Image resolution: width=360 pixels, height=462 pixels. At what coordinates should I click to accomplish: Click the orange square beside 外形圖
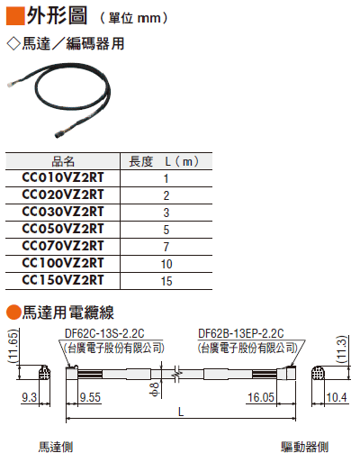pos(15,16)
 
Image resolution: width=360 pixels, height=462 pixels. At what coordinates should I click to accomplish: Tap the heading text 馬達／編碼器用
pos(73,44)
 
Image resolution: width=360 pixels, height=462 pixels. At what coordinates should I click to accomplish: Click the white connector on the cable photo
pos(11,84)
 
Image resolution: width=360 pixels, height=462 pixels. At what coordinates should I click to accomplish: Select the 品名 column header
pos(63,161)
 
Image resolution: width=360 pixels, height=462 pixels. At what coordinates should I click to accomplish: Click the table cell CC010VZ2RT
pos(63,177)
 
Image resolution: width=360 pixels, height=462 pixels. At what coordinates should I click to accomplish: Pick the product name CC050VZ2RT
pos(63,229)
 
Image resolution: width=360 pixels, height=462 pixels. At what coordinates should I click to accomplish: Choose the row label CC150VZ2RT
pos(63,280)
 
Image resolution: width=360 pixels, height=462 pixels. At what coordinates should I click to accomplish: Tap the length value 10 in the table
pos(166,264)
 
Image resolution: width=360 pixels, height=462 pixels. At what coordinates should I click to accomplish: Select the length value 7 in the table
pos(166,247)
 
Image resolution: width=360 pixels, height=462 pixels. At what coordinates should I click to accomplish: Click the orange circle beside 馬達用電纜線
pos(13,313)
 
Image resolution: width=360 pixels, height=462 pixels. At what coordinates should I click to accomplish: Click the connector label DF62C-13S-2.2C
pos(104,333)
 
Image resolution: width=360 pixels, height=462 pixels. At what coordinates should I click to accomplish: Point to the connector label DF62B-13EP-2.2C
pos(241,333)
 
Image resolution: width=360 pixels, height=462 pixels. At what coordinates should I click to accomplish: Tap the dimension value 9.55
pos(90,397)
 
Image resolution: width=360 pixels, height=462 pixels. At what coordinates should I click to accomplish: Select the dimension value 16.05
pos(261,397)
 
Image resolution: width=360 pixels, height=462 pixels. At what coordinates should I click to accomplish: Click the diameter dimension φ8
pos(155,389)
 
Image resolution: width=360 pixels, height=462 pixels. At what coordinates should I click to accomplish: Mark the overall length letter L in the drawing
pos(181,412)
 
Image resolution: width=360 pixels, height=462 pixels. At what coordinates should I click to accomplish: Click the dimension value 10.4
pos(337,397)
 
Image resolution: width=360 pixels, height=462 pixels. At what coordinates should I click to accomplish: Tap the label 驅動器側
pos(305,447)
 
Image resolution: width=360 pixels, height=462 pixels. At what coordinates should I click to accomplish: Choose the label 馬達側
pos(56,447)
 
